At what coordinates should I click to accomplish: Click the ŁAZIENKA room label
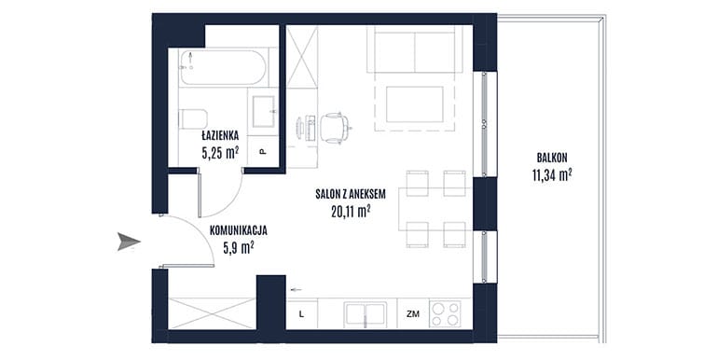(220, 135)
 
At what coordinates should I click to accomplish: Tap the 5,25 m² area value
(220, 152)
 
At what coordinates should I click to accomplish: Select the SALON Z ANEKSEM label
(351, 194)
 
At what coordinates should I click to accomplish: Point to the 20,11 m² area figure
(351, 211)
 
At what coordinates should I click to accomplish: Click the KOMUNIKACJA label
(238, 231)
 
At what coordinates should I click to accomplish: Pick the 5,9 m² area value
(238, 248)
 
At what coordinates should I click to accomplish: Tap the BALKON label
(552, 158)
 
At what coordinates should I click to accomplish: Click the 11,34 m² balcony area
(552, 175)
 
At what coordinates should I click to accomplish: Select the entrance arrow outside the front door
(129, 242)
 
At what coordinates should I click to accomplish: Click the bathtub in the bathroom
(223, 67)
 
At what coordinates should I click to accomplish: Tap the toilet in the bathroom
(193, 119)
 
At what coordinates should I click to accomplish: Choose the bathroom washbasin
(263, 112)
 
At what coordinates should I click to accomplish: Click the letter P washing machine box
(263, 152)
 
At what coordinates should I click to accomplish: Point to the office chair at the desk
(334, 127)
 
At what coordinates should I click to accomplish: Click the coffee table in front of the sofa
(414, 104)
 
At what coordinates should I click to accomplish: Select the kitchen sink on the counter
(365, 314)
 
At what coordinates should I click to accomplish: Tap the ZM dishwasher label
(412, 314)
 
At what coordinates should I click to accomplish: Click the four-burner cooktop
(446, 313)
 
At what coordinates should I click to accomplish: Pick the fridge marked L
(301, 314)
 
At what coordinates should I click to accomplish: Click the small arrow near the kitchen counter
(297, 289)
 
